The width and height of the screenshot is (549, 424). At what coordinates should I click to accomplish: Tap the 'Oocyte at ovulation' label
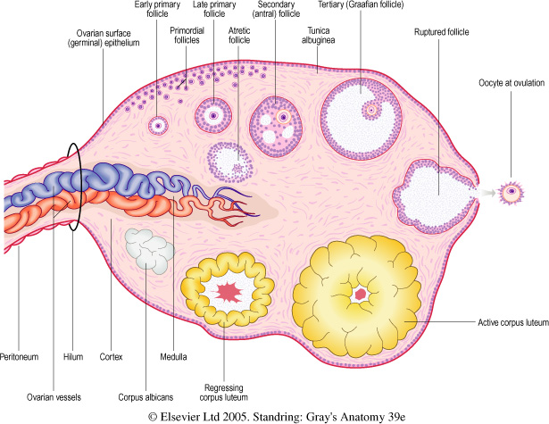[x=511, y=87]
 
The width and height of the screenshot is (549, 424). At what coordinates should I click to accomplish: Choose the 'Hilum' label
[x=74, y=356]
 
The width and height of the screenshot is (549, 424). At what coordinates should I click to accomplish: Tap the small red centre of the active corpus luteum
[x=362, y=293]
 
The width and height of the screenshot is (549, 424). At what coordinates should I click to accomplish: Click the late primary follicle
[x=213, y=114]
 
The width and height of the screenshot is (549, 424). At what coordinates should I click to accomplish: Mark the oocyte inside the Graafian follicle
[x=370, y=108]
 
